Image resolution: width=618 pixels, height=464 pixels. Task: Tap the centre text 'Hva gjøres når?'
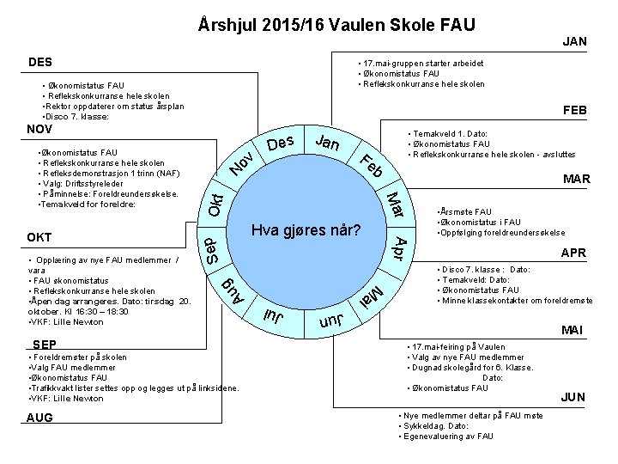point(306,231)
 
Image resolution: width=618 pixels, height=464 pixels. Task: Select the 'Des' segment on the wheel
point(281,143)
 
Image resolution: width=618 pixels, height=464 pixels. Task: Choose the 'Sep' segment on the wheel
point(215,251)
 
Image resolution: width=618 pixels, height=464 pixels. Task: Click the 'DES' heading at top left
point(39,62)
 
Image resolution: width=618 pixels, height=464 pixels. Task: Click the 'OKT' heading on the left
point(39,237)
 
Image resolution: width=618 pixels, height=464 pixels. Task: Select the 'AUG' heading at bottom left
point(39,418)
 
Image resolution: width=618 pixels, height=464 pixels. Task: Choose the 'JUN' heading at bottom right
point(573,397)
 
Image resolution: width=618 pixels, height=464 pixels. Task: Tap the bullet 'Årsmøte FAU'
point(464,211)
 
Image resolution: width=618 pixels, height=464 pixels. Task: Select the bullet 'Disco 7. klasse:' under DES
point(75,116)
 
